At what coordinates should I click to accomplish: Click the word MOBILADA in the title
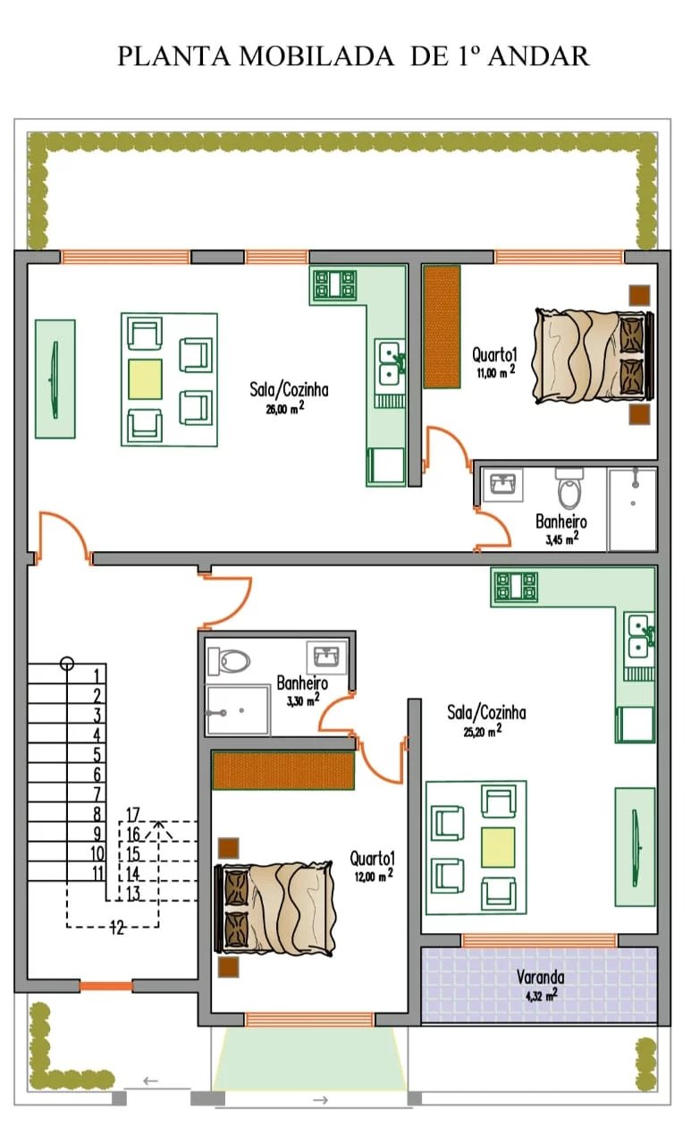[x=316, y=55]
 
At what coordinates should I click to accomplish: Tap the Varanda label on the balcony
[x=540, y=977]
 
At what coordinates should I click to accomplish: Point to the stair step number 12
[x=117, y=927]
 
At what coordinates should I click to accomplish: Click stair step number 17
[x=133, y=814]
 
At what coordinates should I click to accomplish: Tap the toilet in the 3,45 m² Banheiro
[x=569, y=488]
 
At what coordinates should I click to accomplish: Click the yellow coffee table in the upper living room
[x=145, y=379]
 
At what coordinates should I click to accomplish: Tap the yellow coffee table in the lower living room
[x=498, y=847]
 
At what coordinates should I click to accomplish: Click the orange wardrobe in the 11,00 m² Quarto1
[x=442, y=327]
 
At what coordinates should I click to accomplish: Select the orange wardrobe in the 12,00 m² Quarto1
[x=283, y=770]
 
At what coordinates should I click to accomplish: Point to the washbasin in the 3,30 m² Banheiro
[x=326, y=657]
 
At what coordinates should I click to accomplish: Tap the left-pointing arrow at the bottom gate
[x=150, y=1081]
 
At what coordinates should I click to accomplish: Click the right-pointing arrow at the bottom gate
[x=320, y=1100]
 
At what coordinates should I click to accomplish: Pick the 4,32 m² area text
[x=541, y=995]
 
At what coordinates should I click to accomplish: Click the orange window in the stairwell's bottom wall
[x=105, y=986]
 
